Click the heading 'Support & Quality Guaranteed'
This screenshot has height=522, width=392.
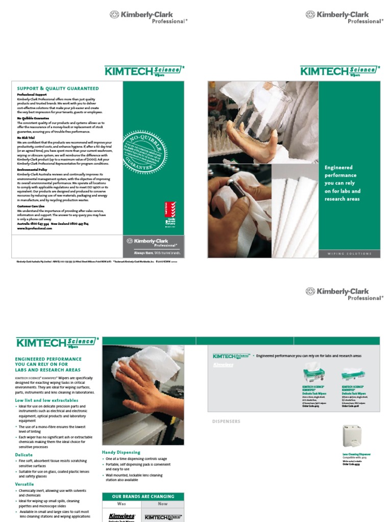click(58, 89)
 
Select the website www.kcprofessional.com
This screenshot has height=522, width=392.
click(35, 228)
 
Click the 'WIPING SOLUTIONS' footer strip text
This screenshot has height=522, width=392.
click(350, 253)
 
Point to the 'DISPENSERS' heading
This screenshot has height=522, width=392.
click(226, 422)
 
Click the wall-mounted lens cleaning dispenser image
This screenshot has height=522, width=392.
click(352, 437)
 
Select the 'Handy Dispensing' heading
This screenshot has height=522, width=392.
click(121, 452)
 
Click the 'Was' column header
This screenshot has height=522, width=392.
click(121, 504)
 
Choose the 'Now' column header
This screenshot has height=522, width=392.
click(162, 504)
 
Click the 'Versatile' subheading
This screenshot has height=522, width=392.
click(24, 484)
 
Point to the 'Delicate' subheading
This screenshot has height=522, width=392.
click(23, 455)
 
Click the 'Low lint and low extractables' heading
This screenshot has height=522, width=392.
click(46, 401)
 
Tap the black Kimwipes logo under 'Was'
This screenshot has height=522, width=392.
click(121, 516)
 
